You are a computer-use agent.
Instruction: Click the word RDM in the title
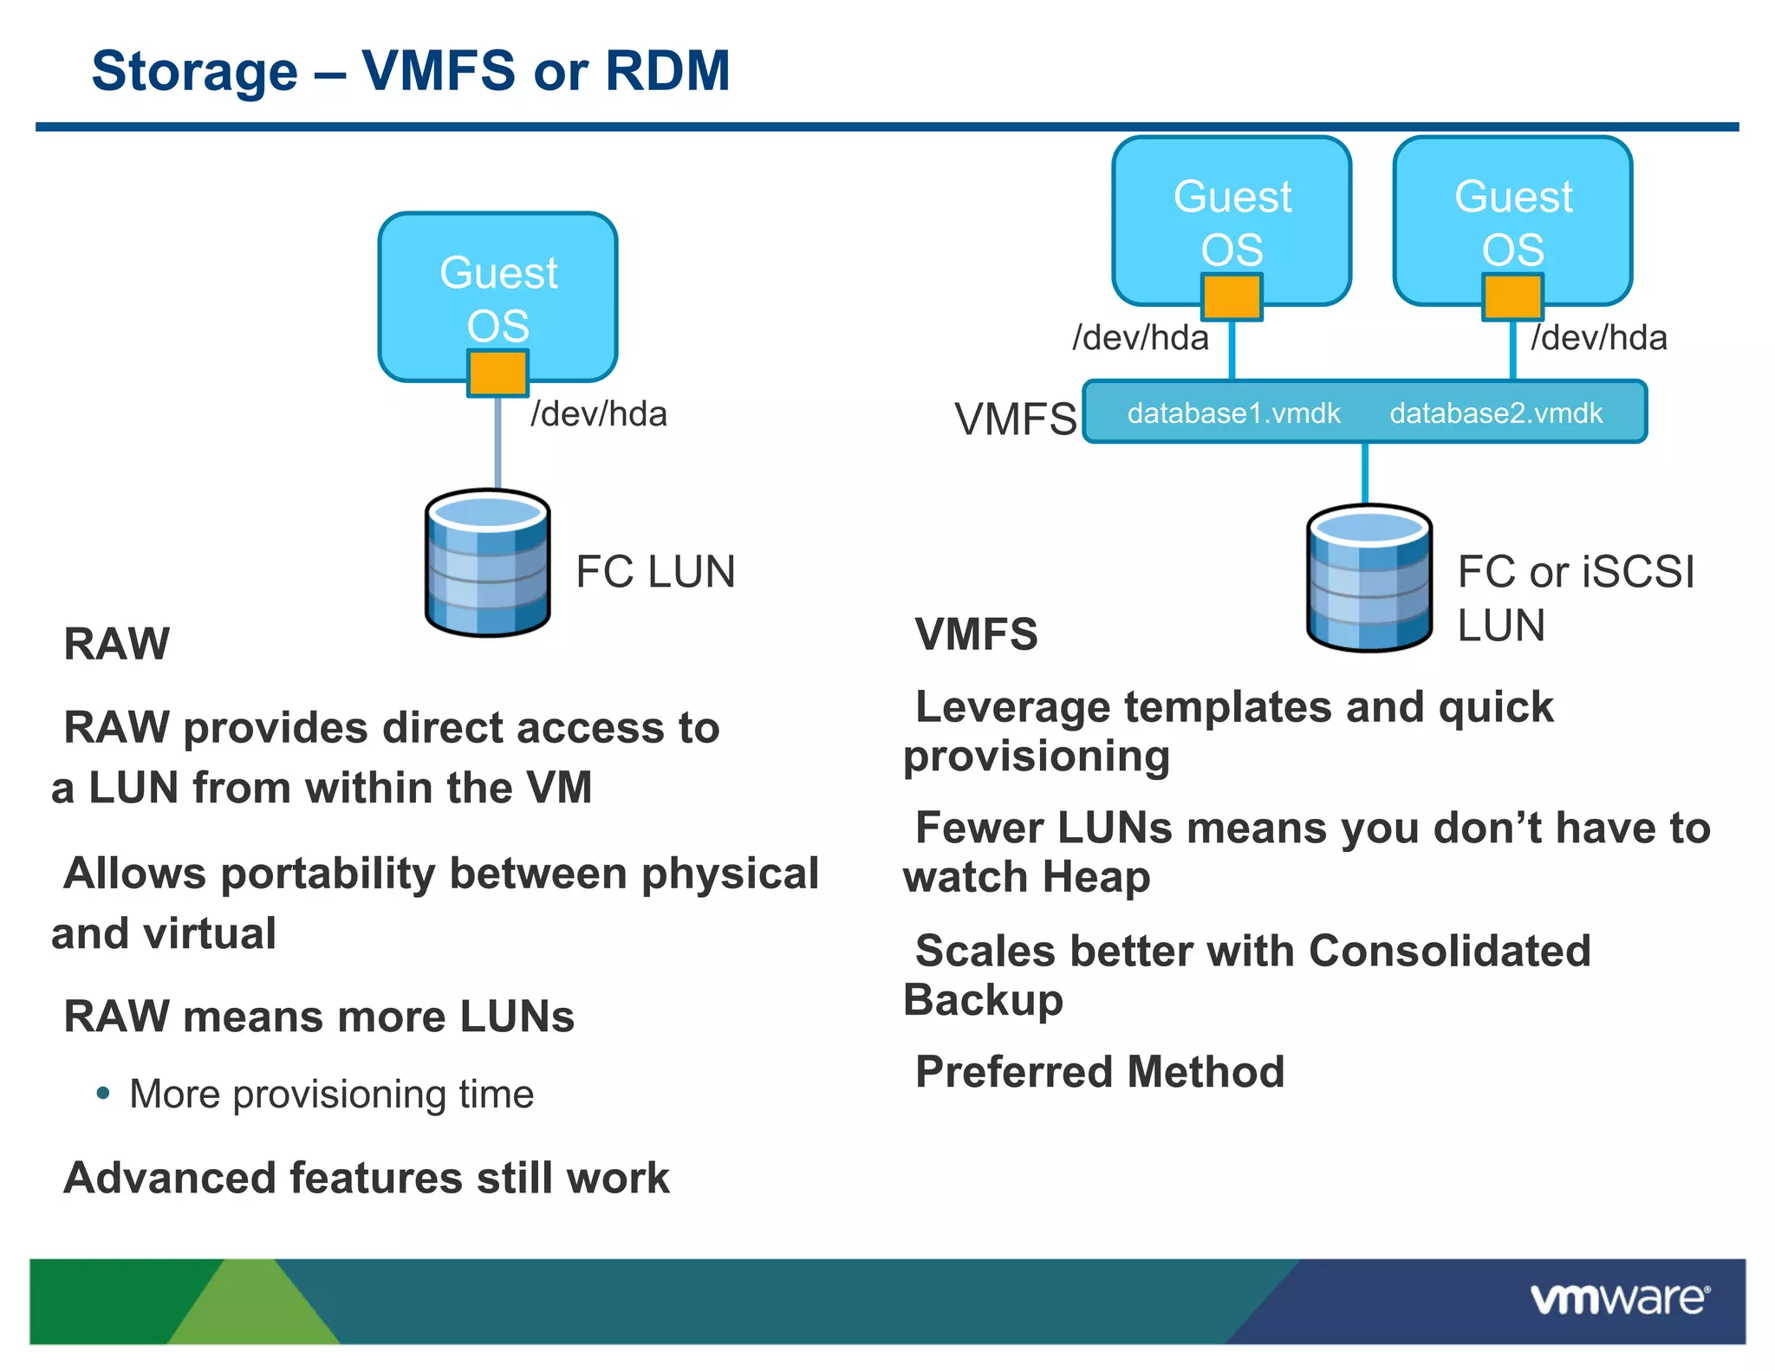point(667,70)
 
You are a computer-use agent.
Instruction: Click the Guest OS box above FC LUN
point(497,277)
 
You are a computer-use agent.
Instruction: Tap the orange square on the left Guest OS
point(497,374)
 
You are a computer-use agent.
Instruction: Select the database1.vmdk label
point(1232,413)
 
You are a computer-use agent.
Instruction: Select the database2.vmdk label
point(1496,413)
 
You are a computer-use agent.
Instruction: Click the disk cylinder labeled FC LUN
point(488,564)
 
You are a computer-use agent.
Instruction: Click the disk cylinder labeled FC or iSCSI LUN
point(1369,579)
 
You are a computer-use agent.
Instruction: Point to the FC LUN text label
point(655,572)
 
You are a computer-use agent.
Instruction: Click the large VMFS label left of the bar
point(1015,419)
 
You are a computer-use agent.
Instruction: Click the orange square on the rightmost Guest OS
point(1512,297)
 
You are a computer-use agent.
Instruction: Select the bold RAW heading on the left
point(117,644)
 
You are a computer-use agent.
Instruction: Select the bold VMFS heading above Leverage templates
point(976,634)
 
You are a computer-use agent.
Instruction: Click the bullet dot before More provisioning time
point(103,1093)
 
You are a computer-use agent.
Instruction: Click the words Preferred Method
point(1099,1072)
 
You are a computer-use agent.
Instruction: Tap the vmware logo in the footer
point(1619,1299)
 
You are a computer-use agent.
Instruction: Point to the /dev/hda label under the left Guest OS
point(599,414)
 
